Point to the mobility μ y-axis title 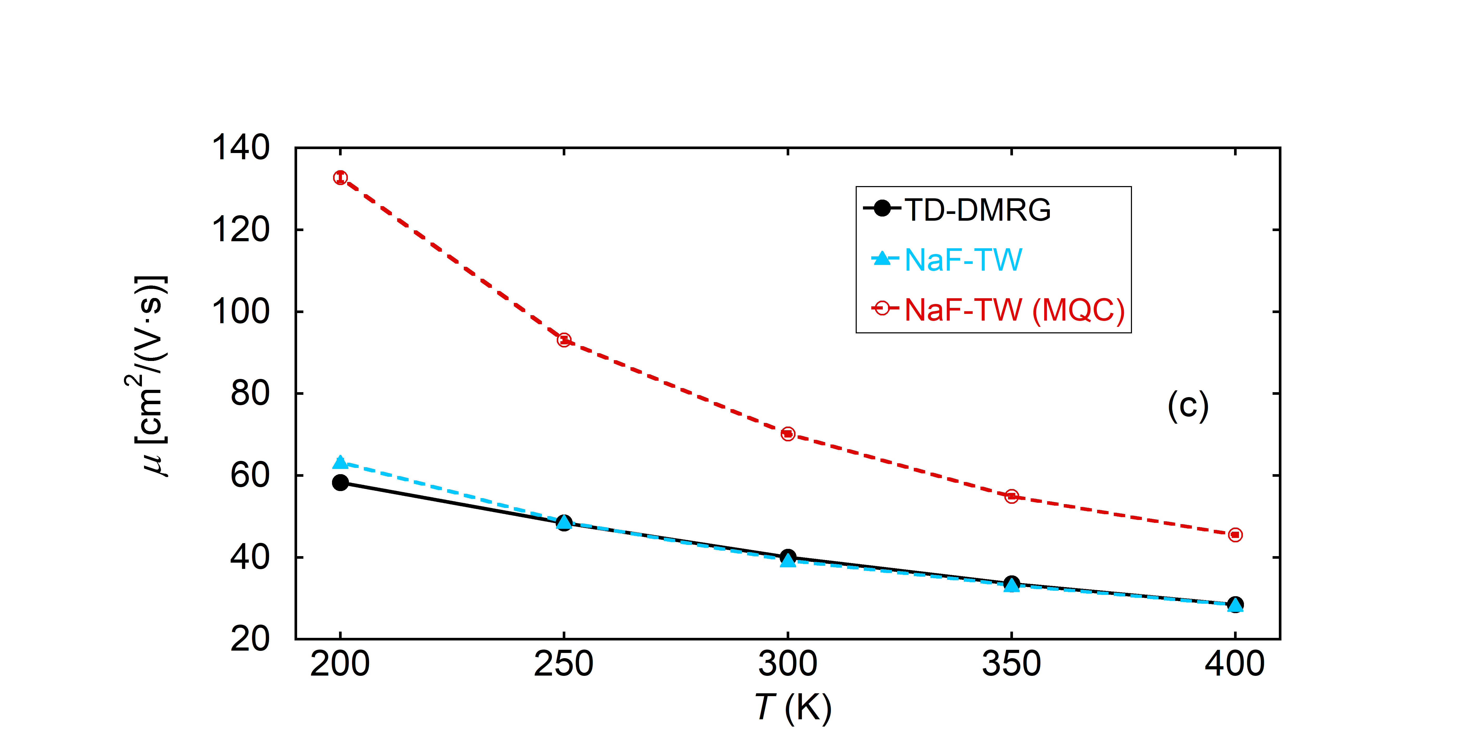[150, 375]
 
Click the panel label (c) [1188, 406]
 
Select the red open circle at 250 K [564, 340]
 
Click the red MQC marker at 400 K [1235, 535]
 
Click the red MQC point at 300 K [788, 434]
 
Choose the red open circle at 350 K [1011, 496]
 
